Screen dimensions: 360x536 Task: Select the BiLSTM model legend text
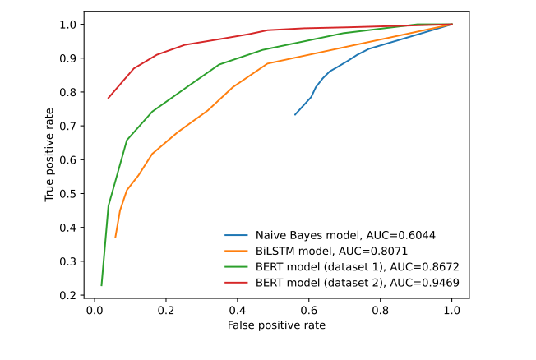click(332, 251)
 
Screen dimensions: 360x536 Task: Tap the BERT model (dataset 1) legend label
click(357, 267)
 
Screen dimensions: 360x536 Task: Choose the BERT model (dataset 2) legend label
click(357, 283)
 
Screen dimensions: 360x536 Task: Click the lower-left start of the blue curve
click(295, 114)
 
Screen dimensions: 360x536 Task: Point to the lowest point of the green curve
click(101, 285)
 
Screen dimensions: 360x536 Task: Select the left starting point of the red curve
click(108, 98)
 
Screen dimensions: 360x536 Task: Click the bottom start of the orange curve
click(115, 238)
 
